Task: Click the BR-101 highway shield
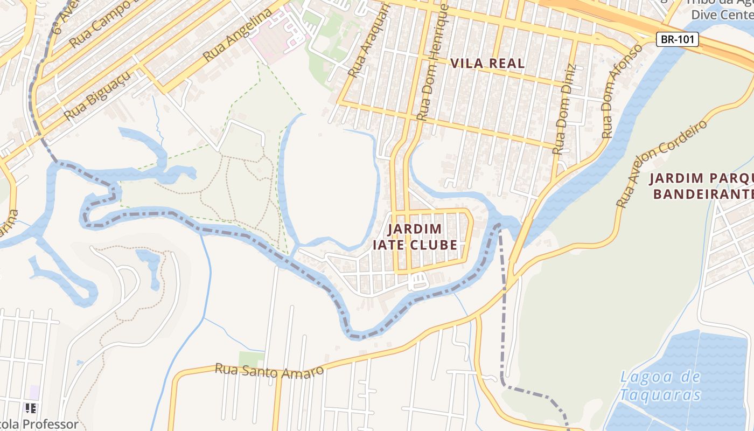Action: [x=677, y=39]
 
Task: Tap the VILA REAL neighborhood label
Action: [x=487, y=64]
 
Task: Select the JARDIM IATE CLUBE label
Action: [x=415, y=237]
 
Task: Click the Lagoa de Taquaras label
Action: [x=660, y=386]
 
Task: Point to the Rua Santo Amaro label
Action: [x=269, y=371]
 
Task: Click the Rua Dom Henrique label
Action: [x=432, y=62]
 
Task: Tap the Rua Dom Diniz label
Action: [x=564, y=109]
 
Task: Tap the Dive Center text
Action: [x=722, y=15]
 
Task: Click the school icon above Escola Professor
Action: [x=31, y=408]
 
